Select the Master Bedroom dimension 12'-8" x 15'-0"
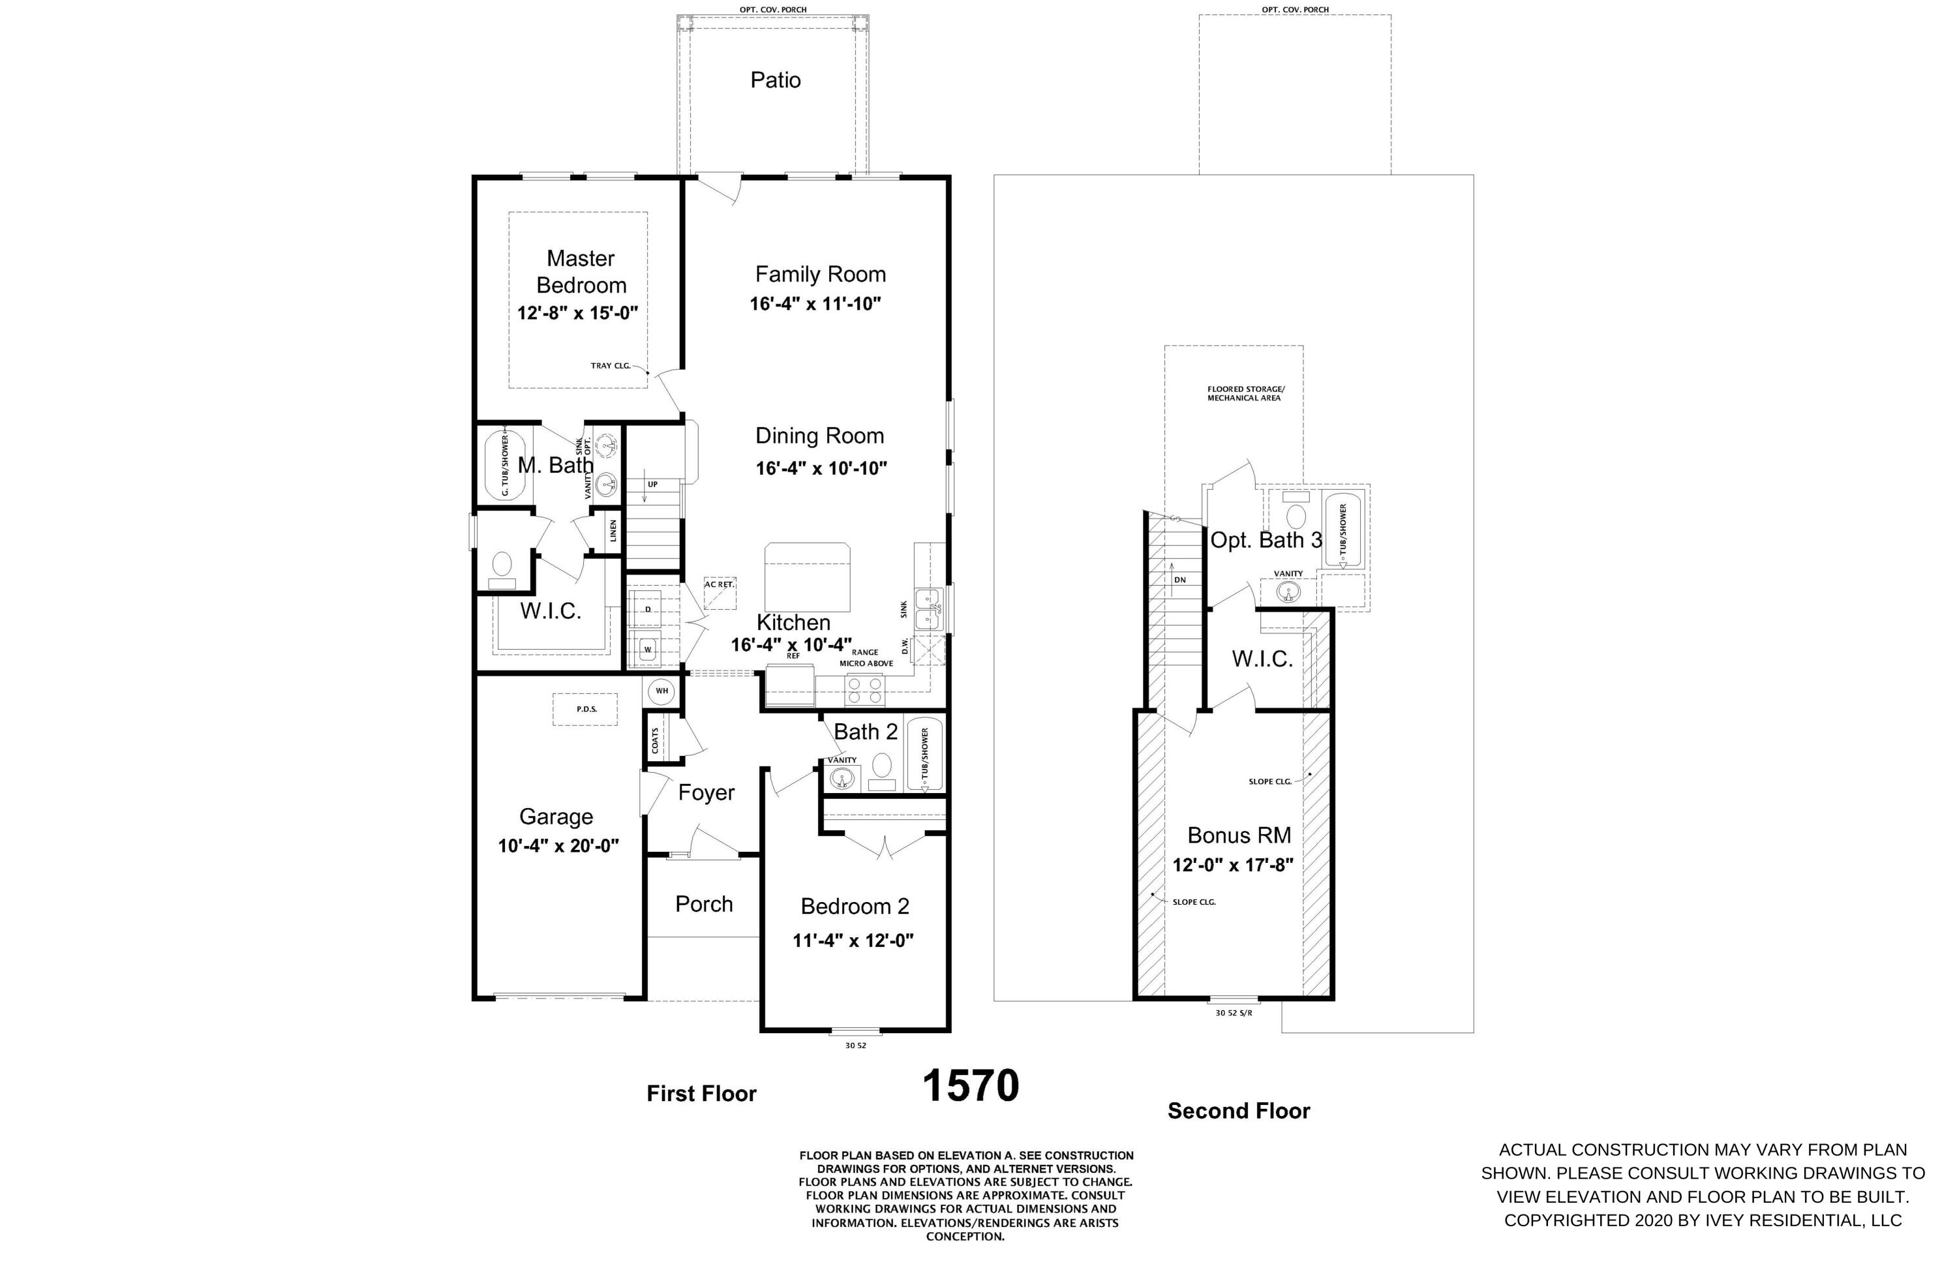click(577, 313)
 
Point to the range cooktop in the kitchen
click(864, 689)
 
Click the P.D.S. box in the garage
click(585, 708)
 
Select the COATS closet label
click(656, 741)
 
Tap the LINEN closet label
click(613, 531)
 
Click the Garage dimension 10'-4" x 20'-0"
click(558, 846)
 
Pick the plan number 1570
click(970, 1086)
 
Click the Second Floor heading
click(1238, 1111)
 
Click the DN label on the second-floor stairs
click(1180, 580)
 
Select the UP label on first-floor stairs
click(652, 484)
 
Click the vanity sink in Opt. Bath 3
click(1288, 592)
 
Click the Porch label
click(704, 904)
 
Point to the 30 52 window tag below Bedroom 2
click(855, 1046)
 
